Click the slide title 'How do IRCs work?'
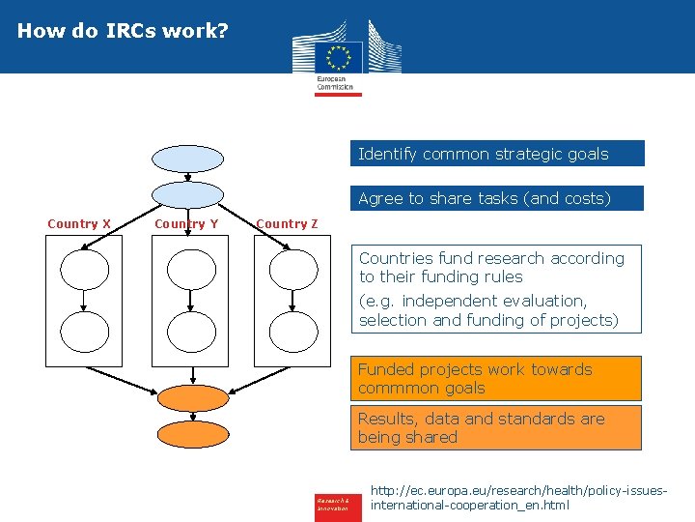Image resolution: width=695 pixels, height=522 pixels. click(x=123, y=31)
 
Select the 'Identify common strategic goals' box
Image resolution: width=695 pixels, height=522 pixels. click(x=496, y=154)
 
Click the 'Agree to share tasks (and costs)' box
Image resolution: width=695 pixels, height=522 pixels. click(x=496, y=198)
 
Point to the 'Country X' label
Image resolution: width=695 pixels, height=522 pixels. click(x=79, y=224)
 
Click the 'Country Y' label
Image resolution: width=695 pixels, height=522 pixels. click(x=186, y=224)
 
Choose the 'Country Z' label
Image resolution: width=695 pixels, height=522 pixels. click(x=287, y=224)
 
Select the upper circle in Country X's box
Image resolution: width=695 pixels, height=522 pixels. click(x=85, y=270)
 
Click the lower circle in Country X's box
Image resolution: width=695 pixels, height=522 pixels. click(x=85, y=332)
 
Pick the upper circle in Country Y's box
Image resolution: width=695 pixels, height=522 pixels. click(x=190, y=270)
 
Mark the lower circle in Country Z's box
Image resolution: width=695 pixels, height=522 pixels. click(x=293, y=332)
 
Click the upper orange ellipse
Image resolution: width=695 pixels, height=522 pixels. click(x=192, y=398)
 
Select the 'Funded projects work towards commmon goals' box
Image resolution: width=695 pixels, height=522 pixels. click(x=496, y=379)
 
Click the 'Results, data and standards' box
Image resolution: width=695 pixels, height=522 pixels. click(x=496, y=428)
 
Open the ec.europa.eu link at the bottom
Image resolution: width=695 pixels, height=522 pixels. click(x=518, y=498)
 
